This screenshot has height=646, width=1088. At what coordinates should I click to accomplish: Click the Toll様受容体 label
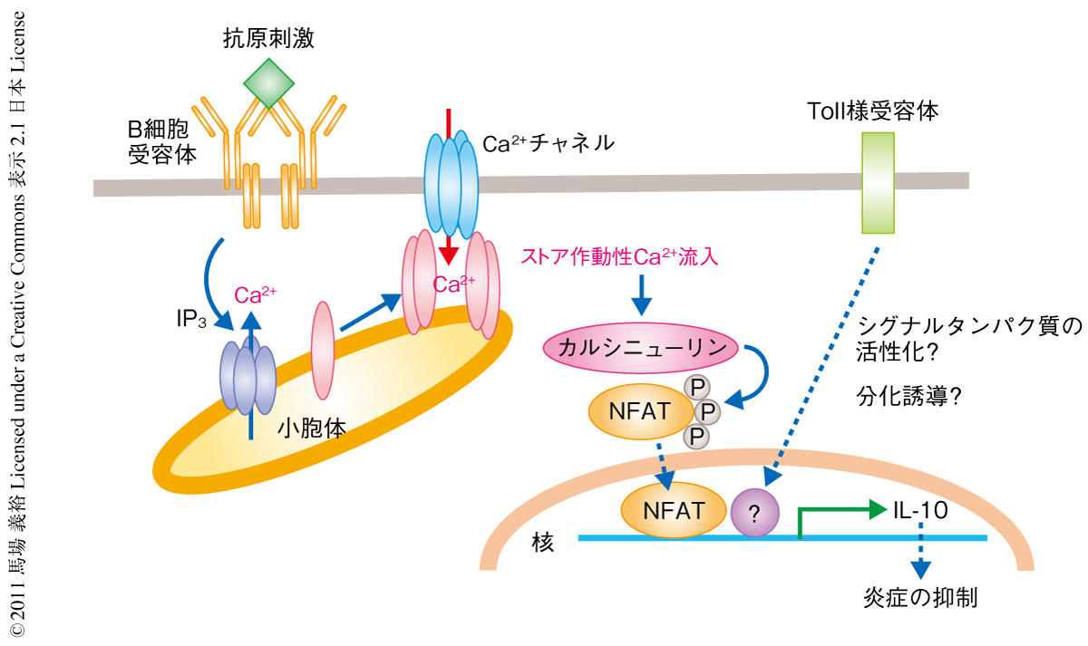coord(872,111)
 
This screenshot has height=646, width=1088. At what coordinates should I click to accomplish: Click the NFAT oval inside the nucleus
coord(674,509)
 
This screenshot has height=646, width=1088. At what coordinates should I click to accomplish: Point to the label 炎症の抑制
coord(921,599)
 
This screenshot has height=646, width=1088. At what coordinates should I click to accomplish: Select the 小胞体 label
coord(311,428)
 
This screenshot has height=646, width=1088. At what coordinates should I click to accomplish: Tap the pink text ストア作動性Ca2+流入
coord(620,257)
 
